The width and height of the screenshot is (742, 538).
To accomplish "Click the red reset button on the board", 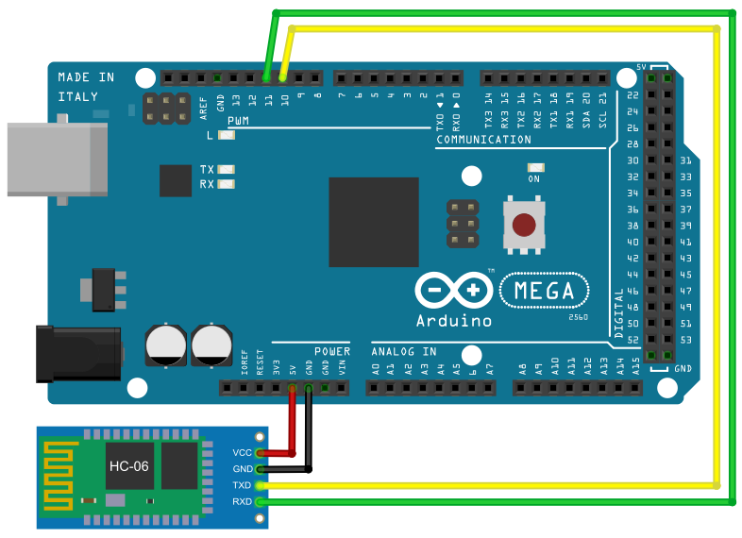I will [526, 226].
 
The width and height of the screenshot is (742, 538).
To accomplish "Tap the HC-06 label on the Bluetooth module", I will [128, 466].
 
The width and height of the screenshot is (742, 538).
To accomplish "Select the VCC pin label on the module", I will [243, 453].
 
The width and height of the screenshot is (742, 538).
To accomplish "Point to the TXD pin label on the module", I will [243, 485].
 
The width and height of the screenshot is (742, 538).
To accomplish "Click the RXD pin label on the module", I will [243, 501].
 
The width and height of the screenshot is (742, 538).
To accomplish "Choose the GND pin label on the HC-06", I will [243, 469].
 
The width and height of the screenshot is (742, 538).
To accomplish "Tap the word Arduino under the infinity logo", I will [453, 320].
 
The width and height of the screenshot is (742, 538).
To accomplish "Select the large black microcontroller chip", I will [373, 223].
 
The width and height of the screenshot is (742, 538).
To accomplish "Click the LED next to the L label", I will [226, 136].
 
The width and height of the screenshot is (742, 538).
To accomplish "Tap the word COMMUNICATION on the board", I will [483, 140].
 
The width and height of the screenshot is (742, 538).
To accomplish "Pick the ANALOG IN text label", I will [404, 352].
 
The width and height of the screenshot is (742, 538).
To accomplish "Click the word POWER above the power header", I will [331, 352].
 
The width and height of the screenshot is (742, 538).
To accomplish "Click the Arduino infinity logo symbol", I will [453, 291].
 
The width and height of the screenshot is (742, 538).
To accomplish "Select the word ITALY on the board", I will [77, 96].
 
